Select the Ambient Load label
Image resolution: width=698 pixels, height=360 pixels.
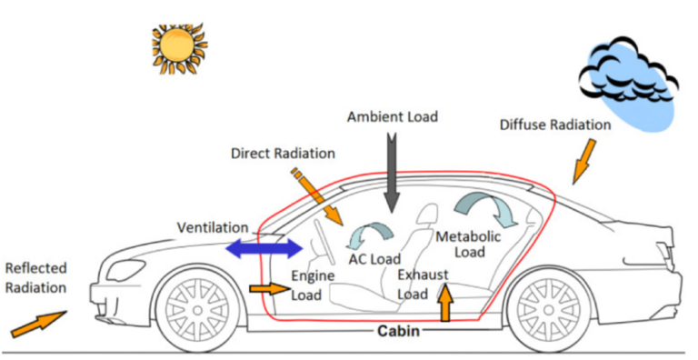392,116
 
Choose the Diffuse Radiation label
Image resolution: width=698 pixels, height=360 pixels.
553,124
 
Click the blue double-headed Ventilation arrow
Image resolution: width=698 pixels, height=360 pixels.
264,248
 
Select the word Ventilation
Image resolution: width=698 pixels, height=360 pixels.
212,226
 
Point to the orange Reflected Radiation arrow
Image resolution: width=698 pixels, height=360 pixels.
39,322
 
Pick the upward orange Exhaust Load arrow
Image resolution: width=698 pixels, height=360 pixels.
445,302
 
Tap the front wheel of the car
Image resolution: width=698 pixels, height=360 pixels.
197,308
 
